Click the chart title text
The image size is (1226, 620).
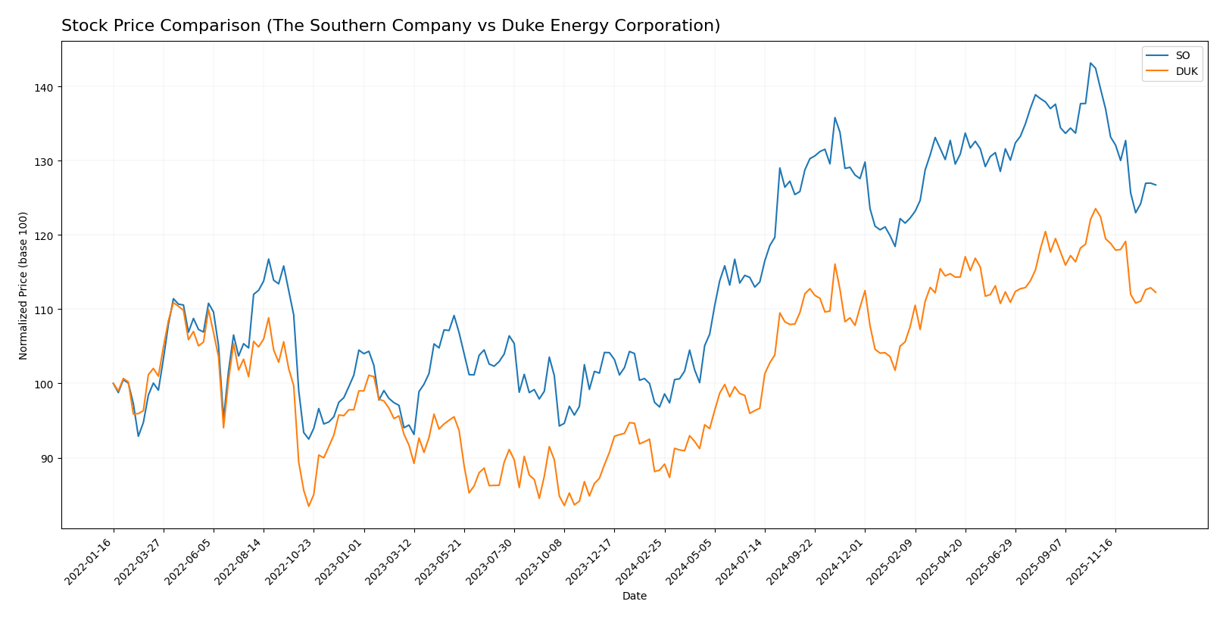point(391,26)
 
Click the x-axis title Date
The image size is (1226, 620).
point(635,597)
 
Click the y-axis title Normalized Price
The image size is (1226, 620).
point(23,285)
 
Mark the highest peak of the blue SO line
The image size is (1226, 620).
point(1090,63)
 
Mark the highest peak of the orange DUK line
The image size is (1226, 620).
point(1095,209)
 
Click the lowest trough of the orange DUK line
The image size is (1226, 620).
point(308,506)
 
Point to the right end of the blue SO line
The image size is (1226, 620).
point(1156,185)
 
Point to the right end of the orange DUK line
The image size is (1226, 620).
point(1156,292)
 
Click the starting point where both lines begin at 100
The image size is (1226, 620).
point(114,383)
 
